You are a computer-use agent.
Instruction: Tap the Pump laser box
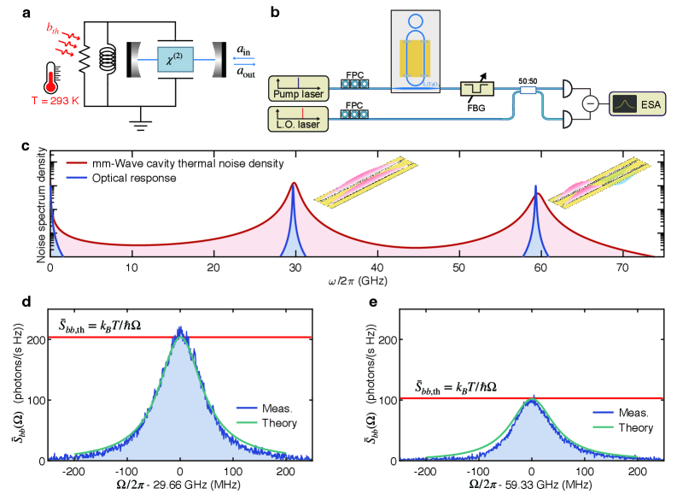click(296, 87)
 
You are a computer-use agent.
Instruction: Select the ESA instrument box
click(637, 105)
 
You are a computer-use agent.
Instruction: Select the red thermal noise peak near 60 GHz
click(539, 196)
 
